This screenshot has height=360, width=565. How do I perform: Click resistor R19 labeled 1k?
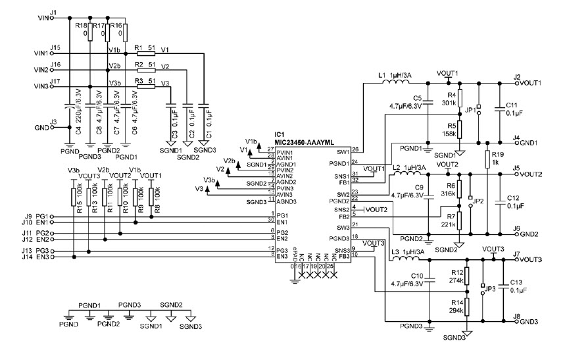[x=487, y=158]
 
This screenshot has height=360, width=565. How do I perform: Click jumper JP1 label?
[x=470, y=110]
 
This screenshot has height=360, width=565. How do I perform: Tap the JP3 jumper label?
[x=489, y=288]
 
